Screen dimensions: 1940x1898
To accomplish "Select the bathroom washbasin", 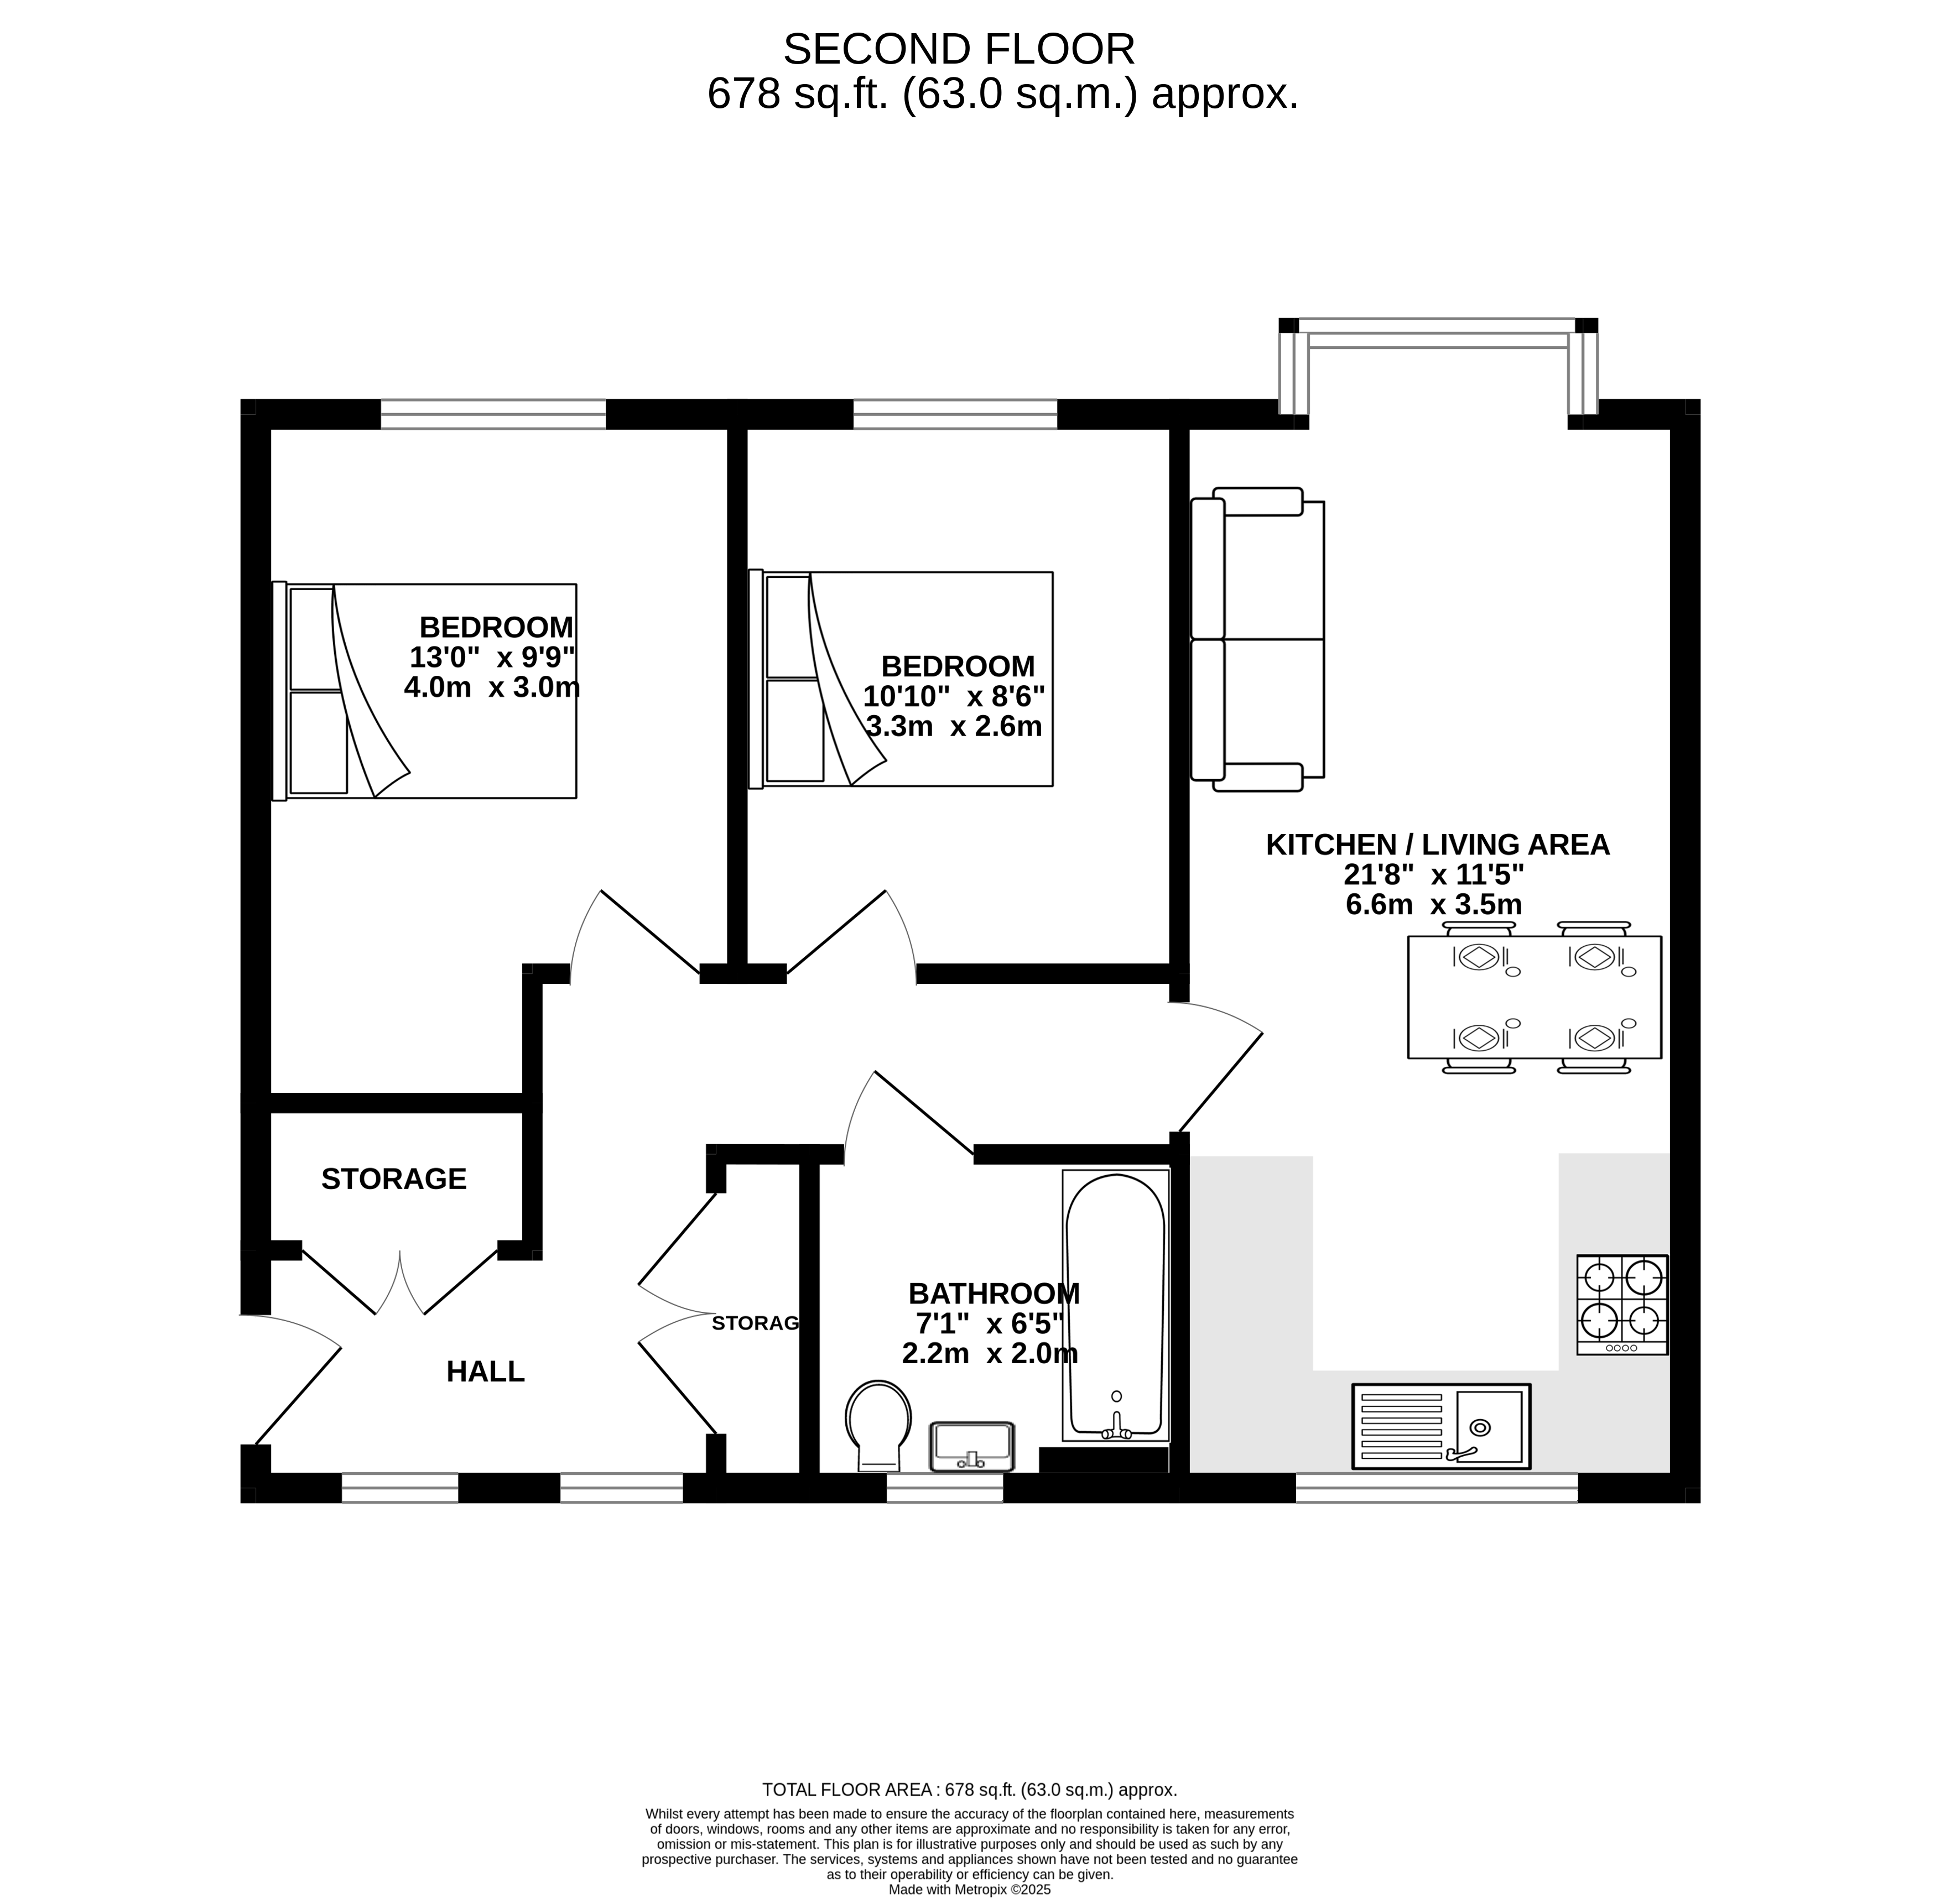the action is point(972,1446).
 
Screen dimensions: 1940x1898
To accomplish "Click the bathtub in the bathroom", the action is point(1116,1305).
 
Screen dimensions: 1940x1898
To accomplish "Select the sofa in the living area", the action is point(1258,639).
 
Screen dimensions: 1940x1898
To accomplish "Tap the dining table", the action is point(1535,997).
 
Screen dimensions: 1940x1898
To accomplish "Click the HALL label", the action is point(486,1372).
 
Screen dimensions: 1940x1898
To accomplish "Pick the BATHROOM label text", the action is point(994,1294).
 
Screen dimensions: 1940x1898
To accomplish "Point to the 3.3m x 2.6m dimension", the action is point(954,726).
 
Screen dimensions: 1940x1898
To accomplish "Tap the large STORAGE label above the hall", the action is point(394,1179).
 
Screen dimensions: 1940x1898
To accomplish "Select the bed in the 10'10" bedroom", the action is point(901,679).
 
